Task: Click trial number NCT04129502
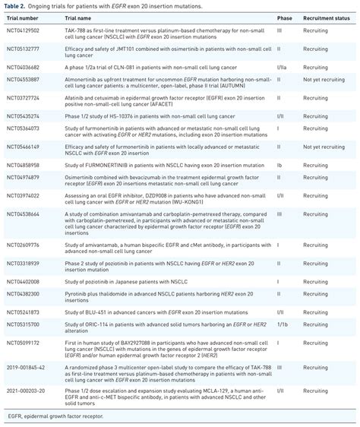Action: pos(23,30)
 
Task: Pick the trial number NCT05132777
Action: pos(23,48)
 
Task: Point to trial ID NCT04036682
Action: pos(23,66)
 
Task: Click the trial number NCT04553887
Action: pos(23,79)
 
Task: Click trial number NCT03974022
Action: pos(23,195)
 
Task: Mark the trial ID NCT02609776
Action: pos(23,245)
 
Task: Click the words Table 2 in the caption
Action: pos(14,5)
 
